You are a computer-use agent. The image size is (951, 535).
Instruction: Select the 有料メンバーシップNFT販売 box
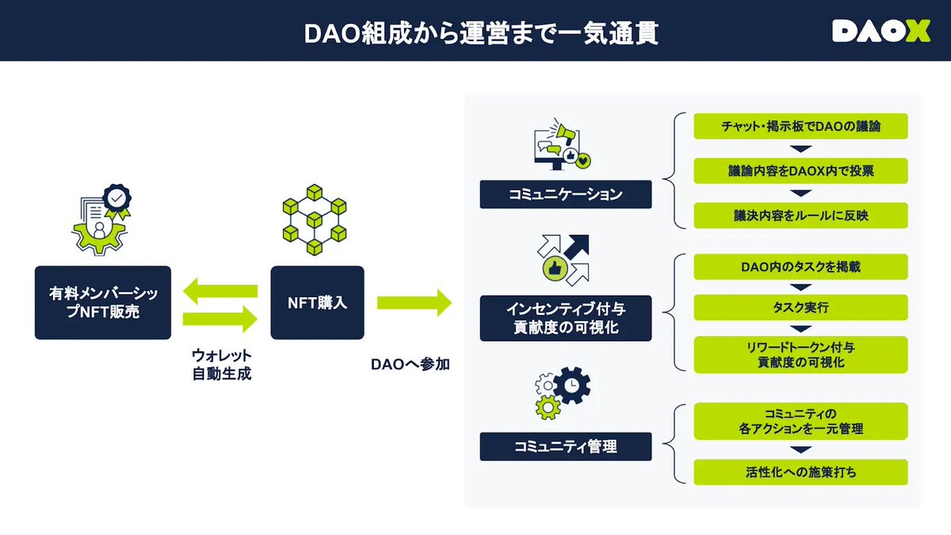tap(103, 303)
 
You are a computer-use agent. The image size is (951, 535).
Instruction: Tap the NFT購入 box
tap(317, 303)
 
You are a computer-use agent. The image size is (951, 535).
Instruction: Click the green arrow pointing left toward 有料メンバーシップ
tap(220, 290)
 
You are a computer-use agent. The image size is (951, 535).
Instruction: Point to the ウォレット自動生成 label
tap(222, 364)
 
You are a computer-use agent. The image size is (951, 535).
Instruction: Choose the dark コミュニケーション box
tap(566, 194)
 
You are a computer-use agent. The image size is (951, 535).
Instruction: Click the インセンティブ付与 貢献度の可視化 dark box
tap(566, 318)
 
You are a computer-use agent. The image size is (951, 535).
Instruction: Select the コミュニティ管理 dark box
tap(566, 447)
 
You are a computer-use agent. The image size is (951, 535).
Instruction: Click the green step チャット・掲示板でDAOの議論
tap(800, 127)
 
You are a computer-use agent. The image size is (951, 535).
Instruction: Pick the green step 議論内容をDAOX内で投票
tap(800, 171)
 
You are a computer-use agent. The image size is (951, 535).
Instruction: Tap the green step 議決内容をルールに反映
tap(800, 216)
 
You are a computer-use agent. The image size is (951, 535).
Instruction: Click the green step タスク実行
tap(800, 308)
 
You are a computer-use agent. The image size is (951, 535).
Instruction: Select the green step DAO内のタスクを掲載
tap(800, 267)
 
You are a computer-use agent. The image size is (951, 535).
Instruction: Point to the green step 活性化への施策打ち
tap(800, 472)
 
